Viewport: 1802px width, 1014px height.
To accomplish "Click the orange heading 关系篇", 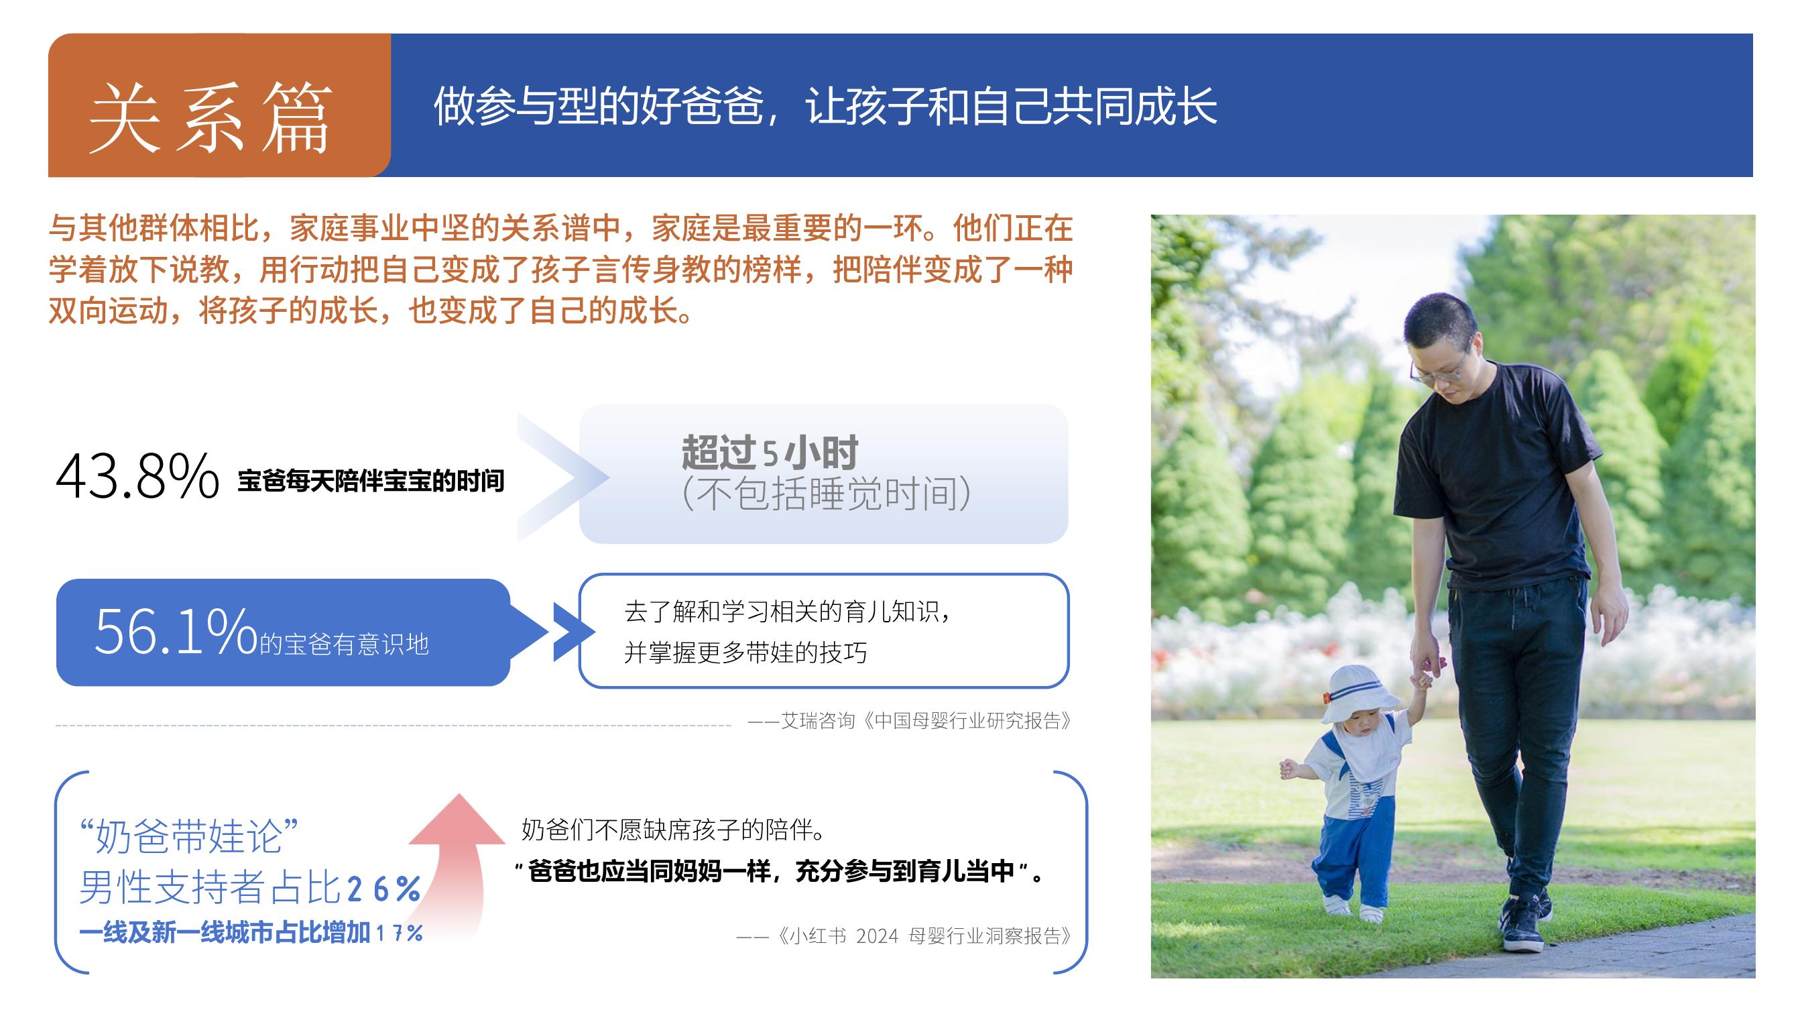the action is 210,117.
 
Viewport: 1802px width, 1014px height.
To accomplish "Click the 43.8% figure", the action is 137,476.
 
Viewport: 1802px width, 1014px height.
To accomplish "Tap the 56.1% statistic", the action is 176,631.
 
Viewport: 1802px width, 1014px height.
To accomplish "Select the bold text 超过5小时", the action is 770,453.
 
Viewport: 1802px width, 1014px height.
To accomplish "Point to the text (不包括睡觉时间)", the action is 826,494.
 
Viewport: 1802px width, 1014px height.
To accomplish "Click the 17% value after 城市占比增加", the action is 400,933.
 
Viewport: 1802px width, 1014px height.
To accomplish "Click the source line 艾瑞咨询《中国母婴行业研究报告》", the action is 910,721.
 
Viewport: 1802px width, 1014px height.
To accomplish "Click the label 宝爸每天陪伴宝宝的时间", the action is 371,482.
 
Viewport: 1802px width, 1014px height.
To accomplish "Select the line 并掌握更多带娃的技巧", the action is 745,653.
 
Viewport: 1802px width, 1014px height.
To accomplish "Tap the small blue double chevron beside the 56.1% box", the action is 574,632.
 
